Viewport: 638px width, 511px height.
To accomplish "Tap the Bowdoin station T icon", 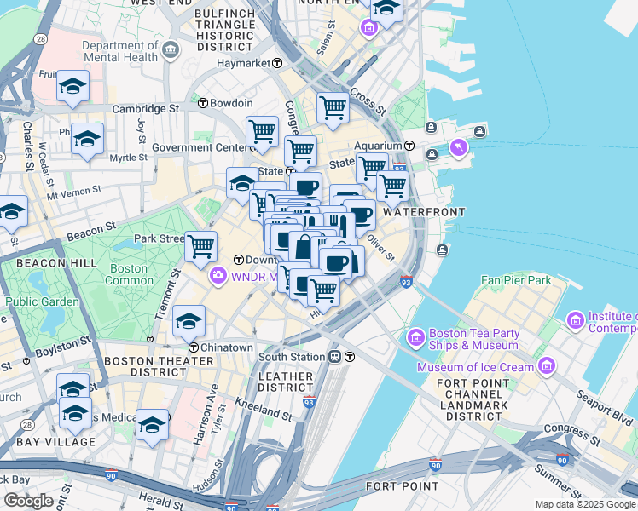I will [x=203, y=103].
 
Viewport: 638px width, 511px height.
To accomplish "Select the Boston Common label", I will [x=129, y=274].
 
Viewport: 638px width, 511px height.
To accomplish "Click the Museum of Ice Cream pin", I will [x=546, y=367].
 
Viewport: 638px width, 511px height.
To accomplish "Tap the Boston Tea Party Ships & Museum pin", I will [x=416, y=336].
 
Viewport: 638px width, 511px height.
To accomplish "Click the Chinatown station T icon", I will [x=194, y=347].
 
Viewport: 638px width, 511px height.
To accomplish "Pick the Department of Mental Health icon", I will [x=170, y=50].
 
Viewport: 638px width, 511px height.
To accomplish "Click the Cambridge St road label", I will [x=145, y=109].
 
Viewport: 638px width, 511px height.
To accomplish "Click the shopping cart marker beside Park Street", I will [x=200, y=246].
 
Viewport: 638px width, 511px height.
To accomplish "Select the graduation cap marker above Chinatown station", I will [x=188, y=320].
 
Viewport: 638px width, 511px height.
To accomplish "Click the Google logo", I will [x=28, y=501].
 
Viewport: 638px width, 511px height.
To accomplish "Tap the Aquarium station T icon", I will [x=409, y=146].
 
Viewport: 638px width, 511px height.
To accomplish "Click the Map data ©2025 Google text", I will [x=584, y=504].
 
